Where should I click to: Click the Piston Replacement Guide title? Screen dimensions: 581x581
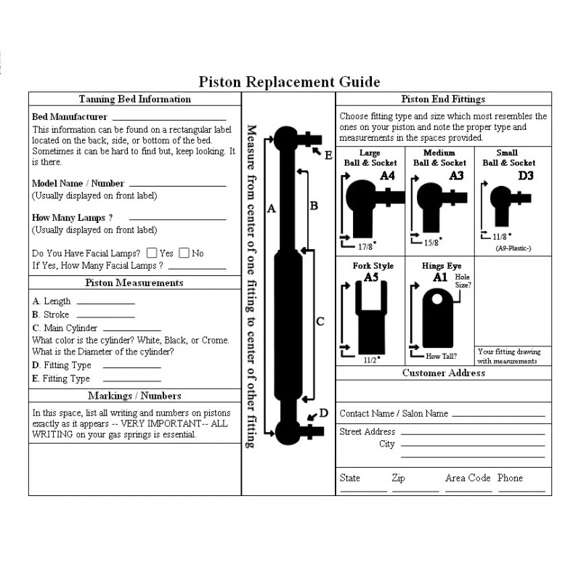point(289,81)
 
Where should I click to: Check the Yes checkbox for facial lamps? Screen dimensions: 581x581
point(152,253)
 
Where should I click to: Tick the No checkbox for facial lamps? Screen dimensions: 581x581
point(184,253)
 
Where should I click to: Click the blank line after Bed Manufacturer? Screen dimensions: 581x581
point(168,118)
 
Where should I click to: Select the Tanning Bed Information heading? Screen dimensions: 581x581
point(134,99)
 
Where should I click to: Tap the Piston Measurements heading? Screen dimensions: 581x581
point(134,283)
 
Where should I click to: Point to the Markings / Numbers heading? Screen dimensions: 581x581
point(134,396)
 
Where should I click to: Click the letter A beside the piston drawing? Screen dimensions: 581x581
point(272,208)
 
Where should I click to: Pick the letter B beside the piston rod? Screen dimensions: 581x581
point(314,206)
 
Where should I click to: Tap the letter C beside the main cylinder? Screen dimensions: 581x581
point(320,321)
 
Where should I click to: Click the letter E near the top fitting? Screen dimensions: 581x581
point(328,155)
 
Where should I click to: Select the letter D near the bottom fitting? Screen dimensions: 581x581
point(324,413)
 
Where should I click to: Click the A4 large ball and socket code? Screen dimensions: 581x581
point(387,175)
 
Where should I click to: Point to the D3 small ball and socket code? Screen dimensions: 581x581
point(525,175)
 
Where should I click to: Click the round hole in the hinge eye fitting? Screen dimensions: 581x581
point(437,298)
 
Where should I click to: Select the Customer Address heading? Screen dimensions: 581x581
point(444,373)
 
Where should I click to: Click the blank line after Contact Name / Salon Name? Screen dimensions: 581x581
point(497,415)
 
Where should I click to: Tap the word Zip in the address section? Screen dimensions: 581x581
point(398,478)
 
